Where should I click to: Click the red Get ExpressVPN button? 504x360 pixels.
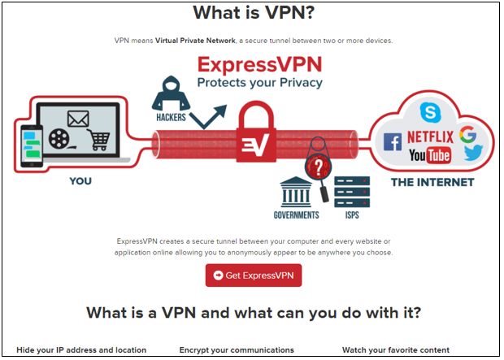tap(254, 275)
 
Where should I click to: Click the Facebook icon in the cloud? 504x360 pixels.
tap(393, 142)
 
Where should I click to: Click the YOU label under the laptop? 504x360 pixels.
tap(80, 181)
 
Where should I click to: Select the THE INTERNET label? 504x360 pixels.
tap(432, 182)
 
